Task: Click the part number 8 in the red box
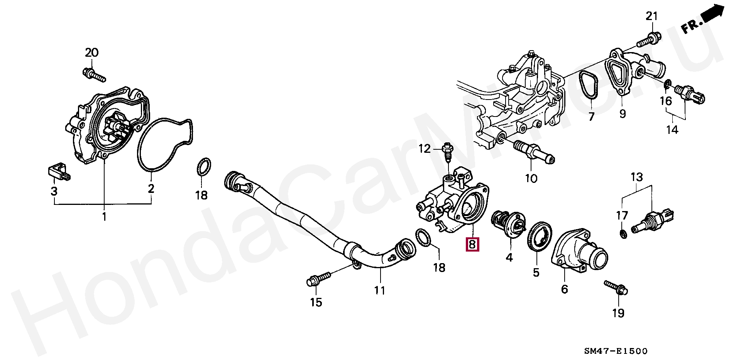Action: pyautogui.click(x=472, y=244)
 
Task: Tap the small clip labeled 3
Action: pyautogui.click(x=59, y=172)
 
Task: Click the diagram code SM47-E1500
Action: pyautogui.click(x=616, y=351)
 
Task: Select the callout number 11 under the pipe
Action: pyautogui.click(x=379, y=290)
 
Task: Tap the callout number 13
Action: pyautogui.click(x=637, y=177)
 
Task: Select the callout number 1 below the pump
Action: pyautogui.click(x=104, y=217)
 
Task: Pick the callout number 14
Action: pyautogui.click(x=672, y=130)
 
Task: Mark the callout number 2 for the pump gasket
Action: pyautogui.click(x=151, y=189)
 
